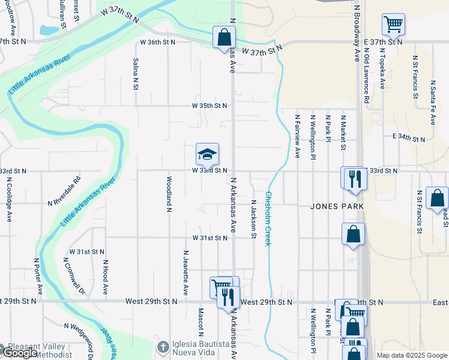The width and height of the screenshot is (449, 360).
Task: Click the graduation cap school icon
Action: tap(207, 155)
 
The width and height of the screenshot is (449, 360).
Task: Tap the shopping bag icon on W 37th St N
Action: tap(224, 37)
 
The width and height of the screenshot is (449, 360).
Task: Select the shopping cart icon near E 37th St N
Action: tap(393, 25)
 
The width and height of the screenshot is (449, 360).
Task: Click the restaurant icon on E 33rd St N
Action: tap(354, 178)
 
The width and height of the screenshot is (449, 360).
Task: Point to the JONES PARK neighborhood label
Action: tap(337, 206)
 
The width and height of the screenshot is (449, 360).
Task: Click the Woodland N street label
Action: tap(169, 193)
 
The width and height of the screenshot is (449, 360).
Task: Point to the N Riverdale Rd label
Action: tap(64, 191)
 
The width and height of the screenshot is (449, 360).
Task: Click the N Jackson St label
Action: tap(254, 219)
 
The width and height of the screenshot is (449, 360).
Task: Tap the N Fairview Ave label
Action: tap(297, 136)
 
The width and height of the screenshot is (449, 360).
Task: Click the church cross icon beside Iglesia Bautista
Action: tap(163, 347)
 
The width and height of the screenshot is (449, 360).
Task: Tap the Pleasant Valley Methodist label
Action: tap(45, 350)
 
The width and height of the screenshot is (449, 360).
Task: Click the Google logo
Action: tap(19, 353)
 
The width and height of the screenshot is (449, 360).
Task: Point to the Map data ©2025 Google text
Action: tap(412, 355)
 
